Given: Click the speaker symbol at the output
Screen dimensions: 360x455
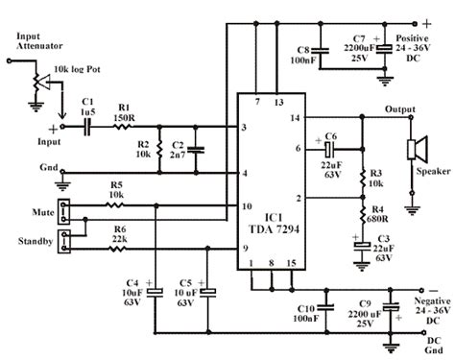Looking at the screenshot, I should click(418, 150).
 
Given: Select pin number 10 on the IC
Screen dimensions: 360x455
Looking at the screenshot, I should click(247, 206).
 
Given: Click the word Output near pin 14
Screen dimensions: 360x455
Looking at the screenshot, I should click(400, 108).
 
